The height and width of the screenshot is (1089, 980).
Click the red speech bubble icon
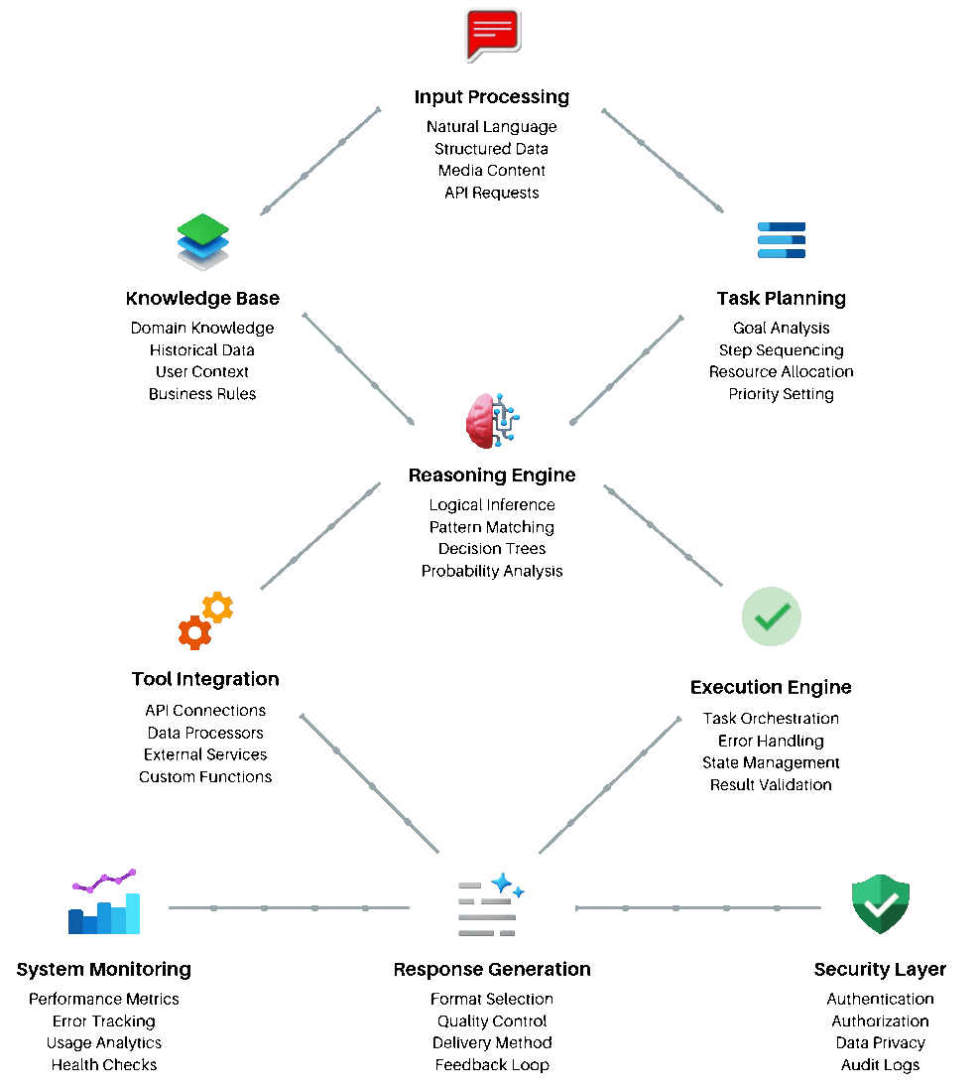point(492,34)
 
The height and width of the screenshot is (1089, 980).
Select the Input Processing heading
point(492,97)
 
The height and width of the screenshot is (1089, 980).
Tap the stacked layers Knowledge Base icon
point(203,242)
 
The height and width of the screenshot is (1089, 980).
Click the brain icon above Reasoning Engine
point(492,420)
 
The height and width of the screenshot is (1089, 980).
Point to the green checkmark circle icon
point(771,616)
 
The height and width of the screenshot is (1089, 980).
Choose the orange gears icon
point(205,621)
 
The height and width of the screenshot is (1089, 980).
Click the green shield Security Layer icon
point(881,904)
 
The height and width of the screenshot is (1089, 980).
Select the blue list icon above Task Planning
point(782,240)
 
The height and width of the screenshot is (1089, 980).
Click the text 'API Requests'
point(492,193)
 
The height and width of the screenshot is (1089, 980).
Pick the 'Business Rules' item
point(202,394)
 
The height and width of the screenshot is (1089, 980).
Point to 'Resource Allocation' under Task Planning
point(782,372)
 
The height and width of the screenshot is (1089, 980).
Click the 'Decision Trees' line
point(492,549)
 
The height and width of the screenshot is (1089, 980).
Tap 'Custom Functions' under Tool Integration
point(205,777)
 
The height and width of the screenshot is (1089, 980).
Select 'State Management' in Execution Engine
point(771,763)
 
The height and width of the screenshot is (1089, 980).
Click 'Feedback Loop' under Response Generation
point(492,1065)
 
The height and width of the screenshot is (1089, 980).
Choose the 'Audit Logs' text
point(881,1065)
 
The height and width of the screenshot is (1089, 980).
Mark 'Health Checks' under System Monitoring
point(104,1065)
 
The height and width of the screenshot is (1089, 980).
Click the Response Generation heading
point(492,970)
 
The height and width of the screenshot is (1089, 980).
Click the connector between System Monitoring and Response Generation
point(289,907)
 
